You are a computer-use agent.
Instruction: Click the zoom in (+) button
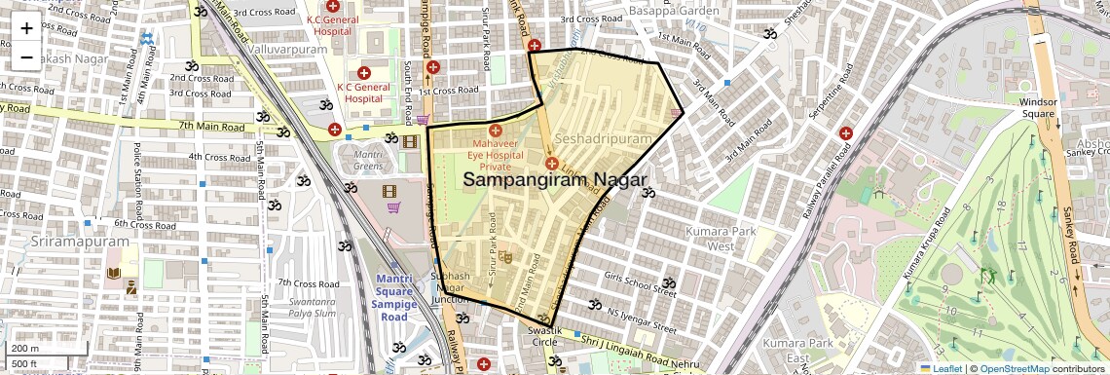click(x=26, y=27)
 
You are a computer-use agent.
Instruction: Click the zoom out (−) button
click(x=26, y=56)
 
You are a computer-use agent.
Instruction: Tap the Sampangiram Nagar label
click(x=555, y=179)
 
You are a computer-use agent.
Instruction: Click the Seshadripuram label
click(x=604, y=139)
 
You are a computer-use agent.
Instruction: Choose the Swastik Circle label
click(x=546, y=337)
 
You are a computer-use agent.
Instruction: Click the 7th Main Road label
click(x=210, y=127)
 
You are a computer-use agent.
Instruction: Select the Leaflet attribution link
click(x=941, y=368)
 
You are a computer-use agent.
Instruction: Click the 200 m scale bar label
click(x=25, y=348)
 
